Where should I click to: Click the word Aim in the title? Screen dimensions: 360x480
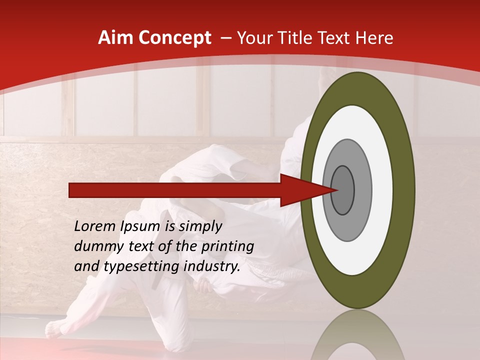tap(115, 38)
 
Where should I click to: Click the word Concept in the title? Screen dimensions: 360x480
tap(174, 38)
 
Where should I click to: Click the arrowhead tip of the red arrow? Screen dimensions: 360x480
tap(336, 190)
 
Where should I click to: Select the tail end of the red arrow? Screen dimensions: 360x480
tap(70, 190)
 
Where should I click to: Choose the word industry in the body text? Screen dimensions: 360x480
tap(212, 267)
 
